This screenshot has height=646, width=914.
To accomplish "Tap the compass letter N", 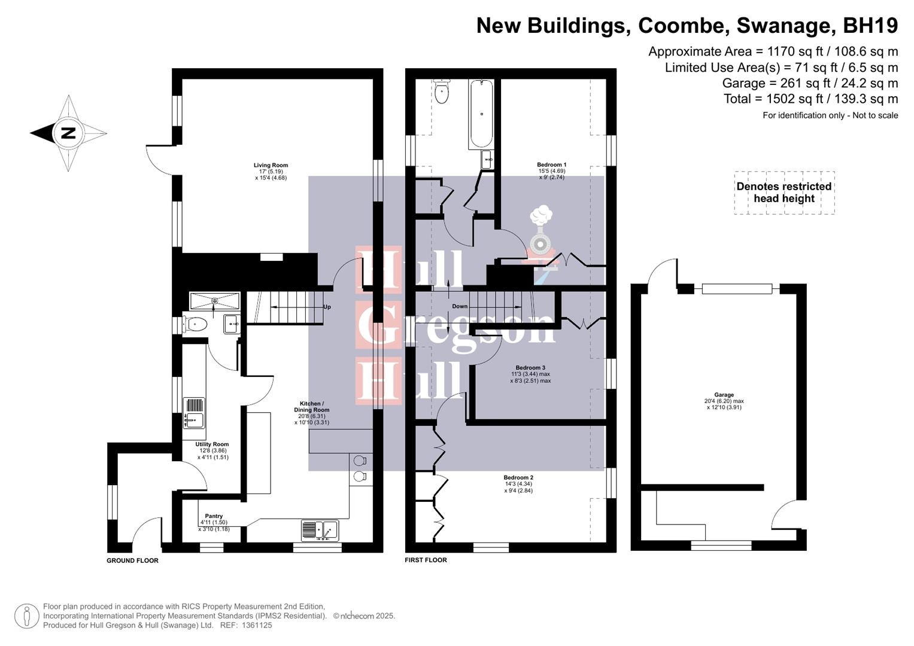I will tap(68, 133).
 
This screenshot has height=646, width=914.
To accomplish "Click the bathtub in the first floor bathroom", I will tap(481, 114).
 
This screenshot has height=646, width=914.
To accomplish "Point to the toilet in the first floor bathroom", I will tap(442, 93).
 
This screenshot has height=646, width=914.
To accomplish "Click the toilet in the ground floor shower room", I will tap(196, 324).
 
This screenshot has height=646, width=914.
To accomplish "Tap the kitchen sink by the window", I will tap(321, 530).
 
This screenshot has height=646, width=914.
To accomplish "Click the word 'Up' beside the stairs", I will tap(327, 307).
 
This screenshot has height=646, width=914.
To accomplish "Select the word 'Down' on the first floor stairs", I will tap(460, 306).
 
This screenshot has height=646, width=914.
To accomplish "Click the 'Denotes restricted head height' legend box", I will tap(784, 193).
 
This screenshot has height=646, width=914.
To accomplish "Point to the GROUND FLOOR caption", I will tap(132, 560).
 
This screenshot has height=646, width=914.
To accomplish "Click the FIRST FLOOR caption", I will tap(426, 560).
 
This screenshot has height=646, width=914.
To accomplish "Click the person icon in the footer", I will tap(27, 616).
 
